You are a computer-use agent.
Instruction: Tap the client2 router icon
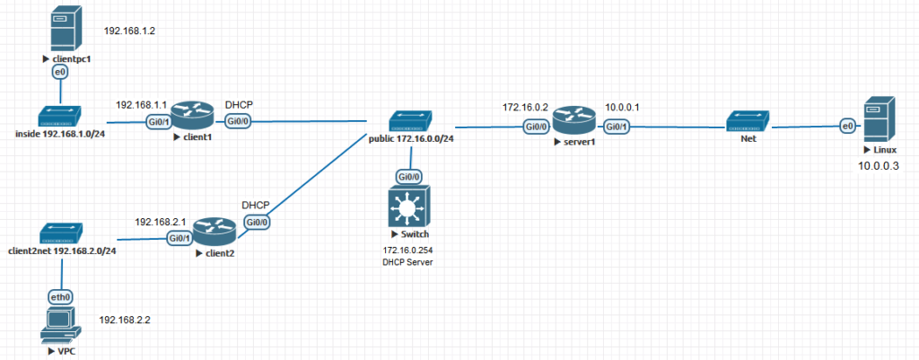(x=214, y=233)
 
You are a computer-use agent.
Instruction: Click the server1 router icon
(x=573, y=120)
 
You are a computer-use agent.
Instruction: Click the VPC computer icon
(x=59, y=325)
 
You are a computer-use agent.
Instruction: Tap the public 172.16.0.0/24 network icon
(x=410, y=120)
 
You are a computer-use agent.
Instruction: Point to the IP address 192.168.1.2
(x=130, y=31)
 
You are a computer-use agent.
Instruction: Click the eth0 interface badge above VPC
(x=59, y=294)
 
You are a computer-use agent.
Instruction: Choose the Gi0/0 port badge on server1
(x=537, y=127)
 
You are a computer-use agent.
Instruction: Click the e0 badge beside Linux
(x=845, y=127)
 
